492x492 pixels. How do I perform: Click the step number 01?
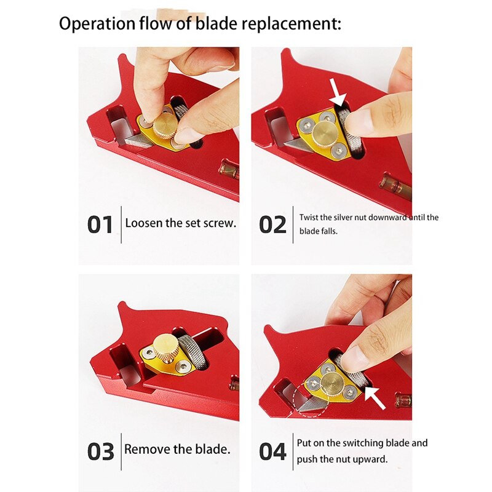(x=100, y=224)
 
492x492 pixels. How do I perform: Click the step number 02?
(x=272, y=224)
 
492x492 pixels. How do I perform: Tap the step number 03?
(x=100, y=450)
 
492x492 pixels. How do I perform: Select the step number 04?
(x=272, y=451)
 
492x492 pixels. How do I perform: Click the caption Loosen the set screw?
(x=180, y=223)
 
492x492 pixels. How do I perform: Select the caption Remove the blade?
(x=177, y=449)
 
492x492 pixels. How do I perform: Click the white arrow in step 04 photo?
(x=375, y=395)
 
